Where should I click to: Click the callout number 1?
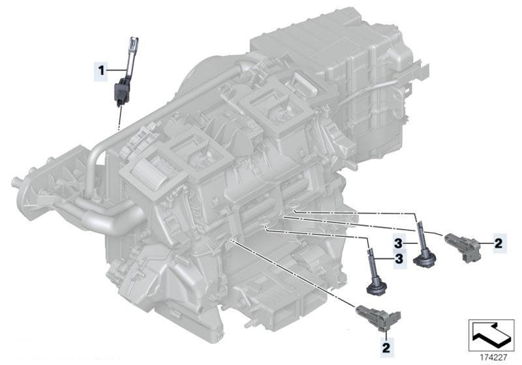tap(101, 70)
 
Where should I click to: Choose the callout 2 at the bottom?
tap(386, 347)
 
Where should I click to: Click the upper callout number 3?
tap(398, 244)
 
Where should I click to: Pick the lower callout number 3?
tap(399, 258)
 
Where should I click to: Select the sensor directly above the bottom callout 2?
tap(378, 317)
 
